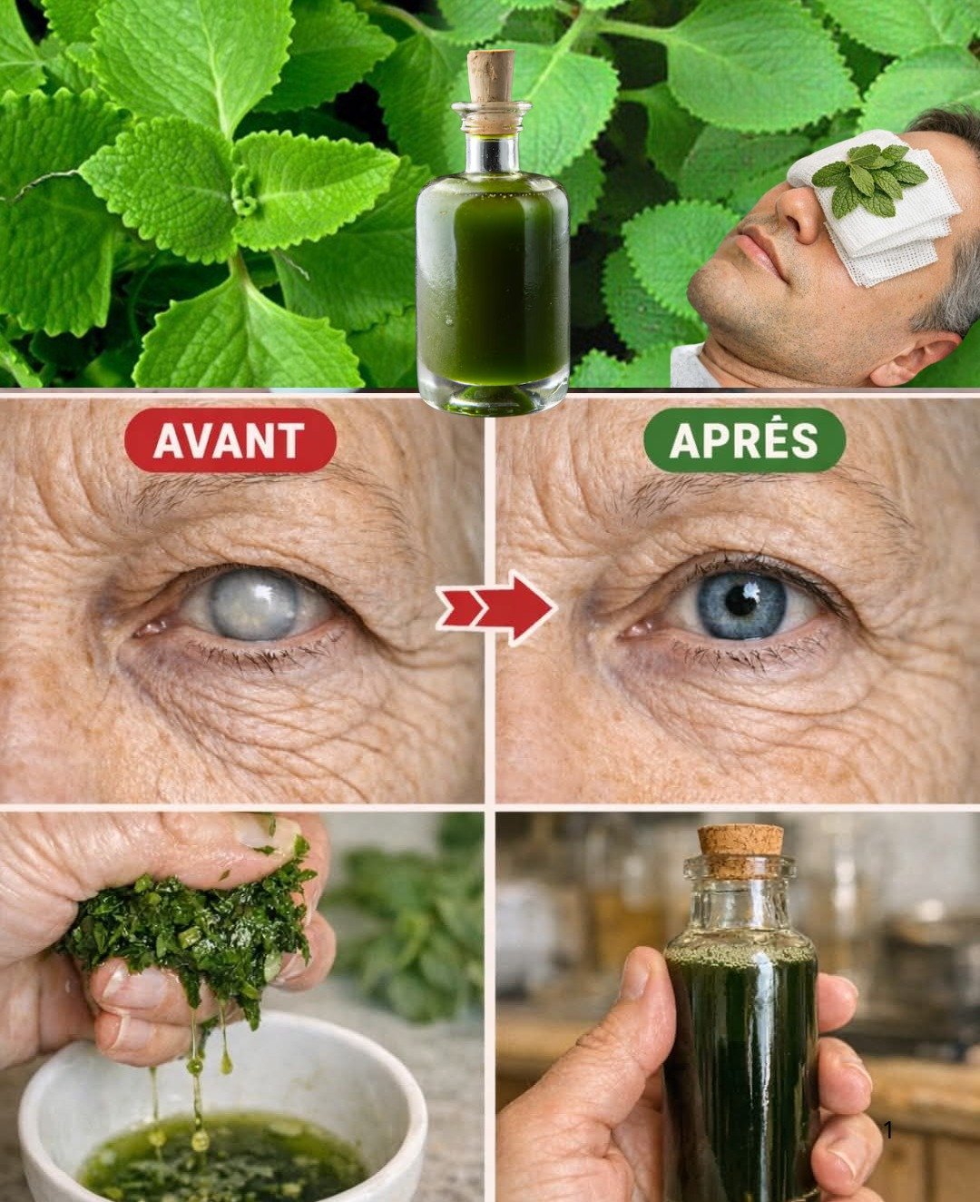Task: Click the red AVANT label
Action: pyautogui.click(x=230, y=440)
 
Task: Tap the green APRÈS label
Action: pyautogui.click(x=744, y=440)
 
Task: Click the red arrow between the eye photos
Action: pyautogui.click(x=497, y=606)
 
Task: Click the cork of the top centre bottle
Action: pyautogui.click(x=491, y=77)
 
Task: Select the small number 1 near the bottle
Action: pyautogui.click(x=888, y=1130)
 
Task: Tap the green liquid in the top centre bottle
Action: pyautogui.click(x=493, y=272)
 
